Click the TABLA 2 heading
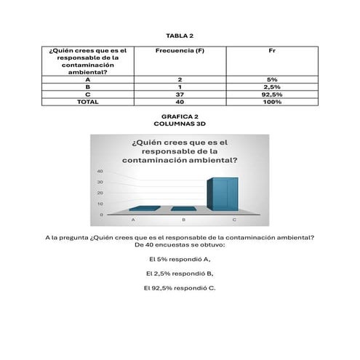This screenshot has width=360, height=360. [180, 35]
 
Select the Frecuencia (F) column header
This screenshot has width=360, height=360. [179, 51]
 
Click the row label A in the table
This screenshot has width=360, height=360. [87, 79]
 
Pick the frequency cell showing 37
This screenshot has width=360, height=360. [179, 95]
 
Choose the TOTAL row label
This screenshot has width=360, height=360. [87, 102]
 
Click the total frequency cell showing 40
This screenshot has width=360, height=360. [179, 102]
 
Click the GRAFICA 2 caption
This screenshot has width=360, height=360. [180, 116]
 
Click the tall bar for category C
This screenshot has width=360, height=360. [223, 193]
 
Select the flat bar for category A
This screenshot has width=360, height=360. [144, 209]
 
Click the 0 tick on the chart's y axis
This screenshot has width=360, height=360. [101, 215]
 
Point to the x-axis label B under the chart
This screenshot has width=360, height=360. [183, 219]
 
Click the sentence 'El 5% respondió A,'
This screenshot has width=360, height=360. [180, 259]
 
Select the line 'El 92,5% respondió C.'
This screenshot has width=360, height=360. [180, 288]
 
